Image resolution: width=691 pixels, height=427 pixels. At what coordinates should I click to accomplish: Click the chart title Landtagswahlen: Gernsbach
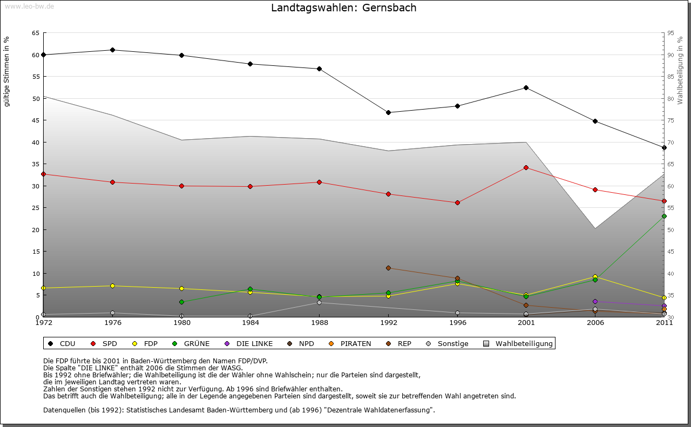[344, 8]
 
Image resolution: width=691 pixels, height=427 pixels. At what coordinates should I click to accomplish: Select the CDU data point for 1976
[112, 50]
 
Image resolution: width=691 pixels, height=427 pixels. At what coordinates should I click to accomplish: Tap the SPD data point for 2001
[526, 167]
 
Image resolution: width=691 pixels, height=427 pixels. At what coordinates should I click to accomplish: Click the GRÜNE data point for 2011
[664, 216]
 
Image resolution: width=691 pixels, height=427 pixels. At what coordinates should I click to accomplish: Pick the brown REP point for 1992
[388, 268]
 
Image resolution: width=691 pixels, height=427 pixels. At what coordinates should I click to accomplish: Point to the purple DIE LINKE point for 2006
[595, 301]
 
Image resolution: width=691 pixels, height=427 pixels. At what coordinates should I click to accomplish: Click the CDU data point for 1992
[388, 112]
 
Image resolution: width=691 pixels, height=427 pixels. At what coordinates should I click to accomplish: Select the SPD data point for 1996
[457, 202]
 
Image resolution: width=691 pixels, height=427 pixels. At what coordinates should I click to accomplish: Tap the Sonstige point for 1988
[319, 302]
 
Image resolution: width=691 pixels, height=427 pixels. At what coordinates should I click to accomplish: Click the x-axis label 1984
[250, 323]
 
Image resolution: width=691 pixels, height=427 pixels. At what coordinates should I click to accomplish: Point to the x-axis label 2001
[526, 323]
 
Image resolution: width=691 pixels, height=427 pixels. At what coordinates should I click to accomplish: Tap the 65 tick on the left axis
[35, 33]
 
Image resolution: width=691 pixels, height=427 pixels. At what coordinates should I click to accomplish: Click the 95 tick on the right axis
[670, 33]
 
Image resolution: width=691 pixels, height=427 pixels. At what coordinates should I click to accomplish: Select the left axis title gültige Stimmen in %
[7, 71]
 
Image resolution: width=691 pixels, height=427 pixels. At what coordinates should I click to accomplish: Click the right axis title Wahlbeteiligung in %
[680, 70]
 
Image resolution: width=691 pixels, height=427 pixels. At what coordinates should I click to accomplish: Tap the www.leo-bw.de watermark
[29, 6]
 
